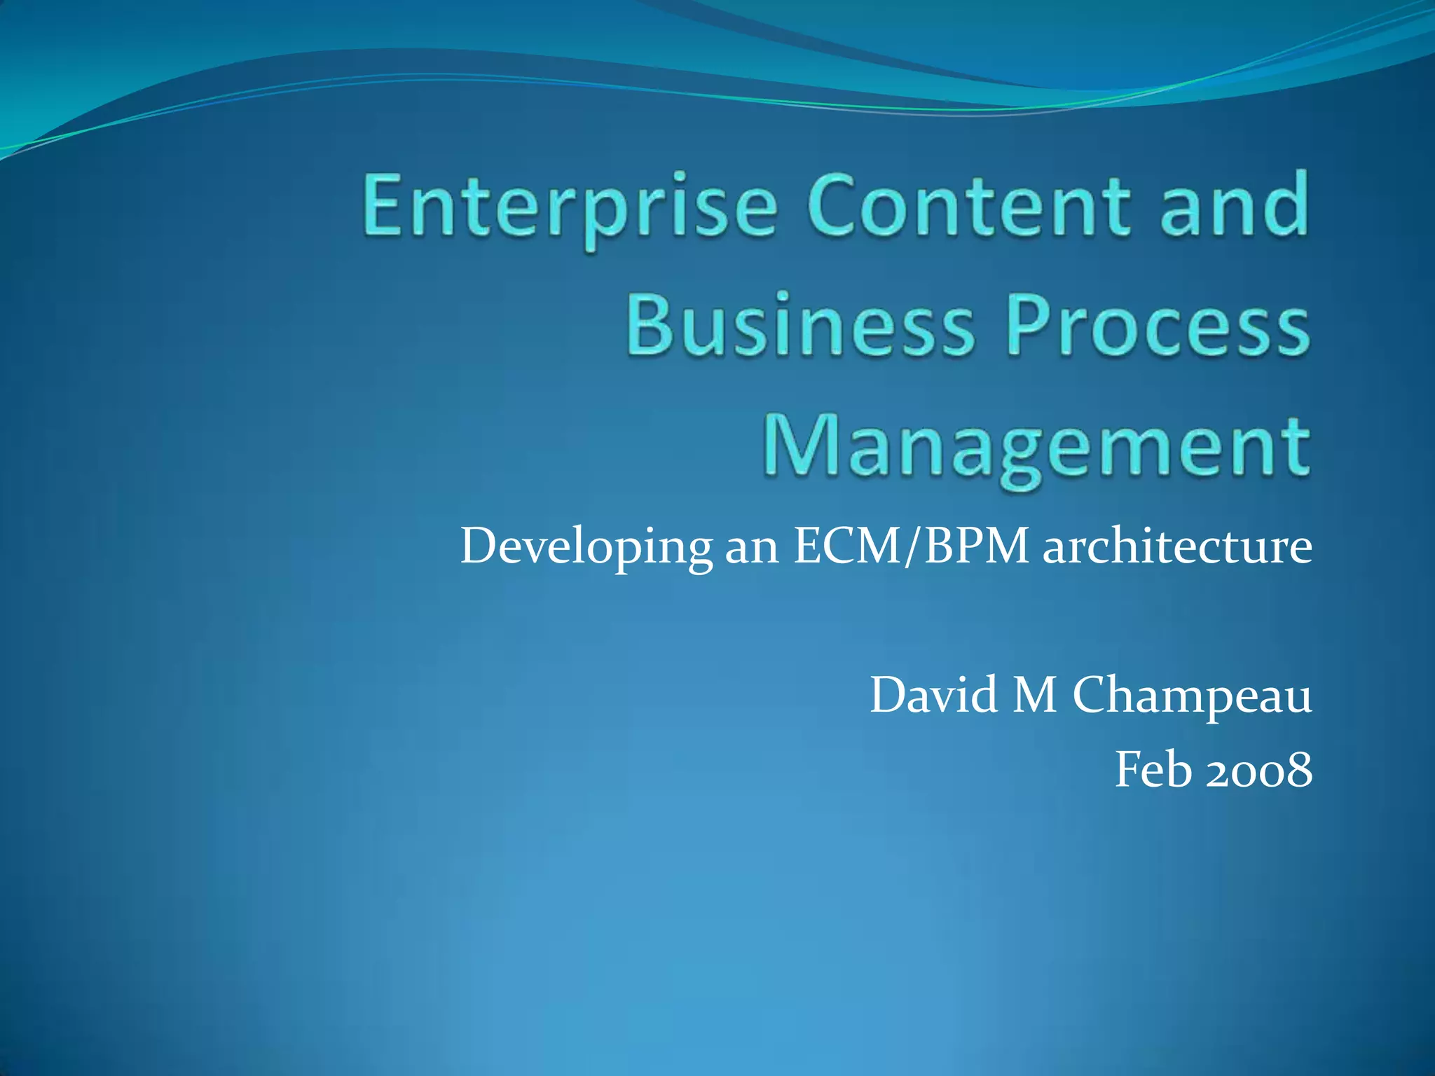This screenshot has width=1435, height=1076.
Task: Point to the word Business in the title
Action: click(799, 325)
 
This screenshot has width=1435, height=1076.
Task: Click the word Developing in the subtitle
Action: click(586, 547)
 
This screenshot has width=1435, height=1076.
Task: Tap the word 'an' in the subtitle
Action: click(751, 547)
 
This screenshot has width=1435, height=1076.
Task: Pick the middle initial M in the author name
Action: click(1034, 695)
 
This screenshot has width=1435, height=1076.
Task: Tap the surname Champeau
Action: click(1191, 696)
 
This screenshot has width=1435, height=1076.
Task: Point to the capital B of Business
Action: click(649, 325)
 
